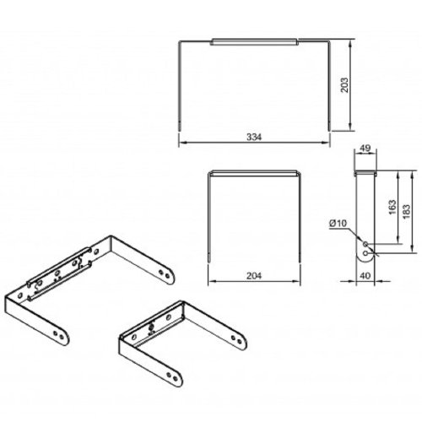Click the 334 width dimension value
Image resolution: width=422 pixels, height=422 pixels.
(254, 137)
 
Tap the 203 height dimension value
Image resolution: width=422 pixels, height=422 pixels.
(344, 84)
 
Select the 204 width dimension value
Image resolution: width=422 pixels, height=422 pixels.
(254, 276)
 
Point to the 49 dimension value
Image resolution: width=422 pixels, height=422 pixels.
(365, 148)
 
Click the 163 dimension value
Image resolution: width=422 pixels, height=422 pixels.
(392, 207)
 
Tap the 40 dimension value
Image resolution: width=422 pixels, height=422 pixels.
(365, 276)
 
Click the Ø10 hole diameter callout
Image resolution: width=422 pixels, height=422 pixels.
(338, 224)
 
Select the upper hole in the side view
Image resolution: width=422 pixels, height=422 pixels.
(365, 244)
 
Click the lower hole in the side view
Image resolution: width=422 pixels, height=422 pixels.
(365, 253)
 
